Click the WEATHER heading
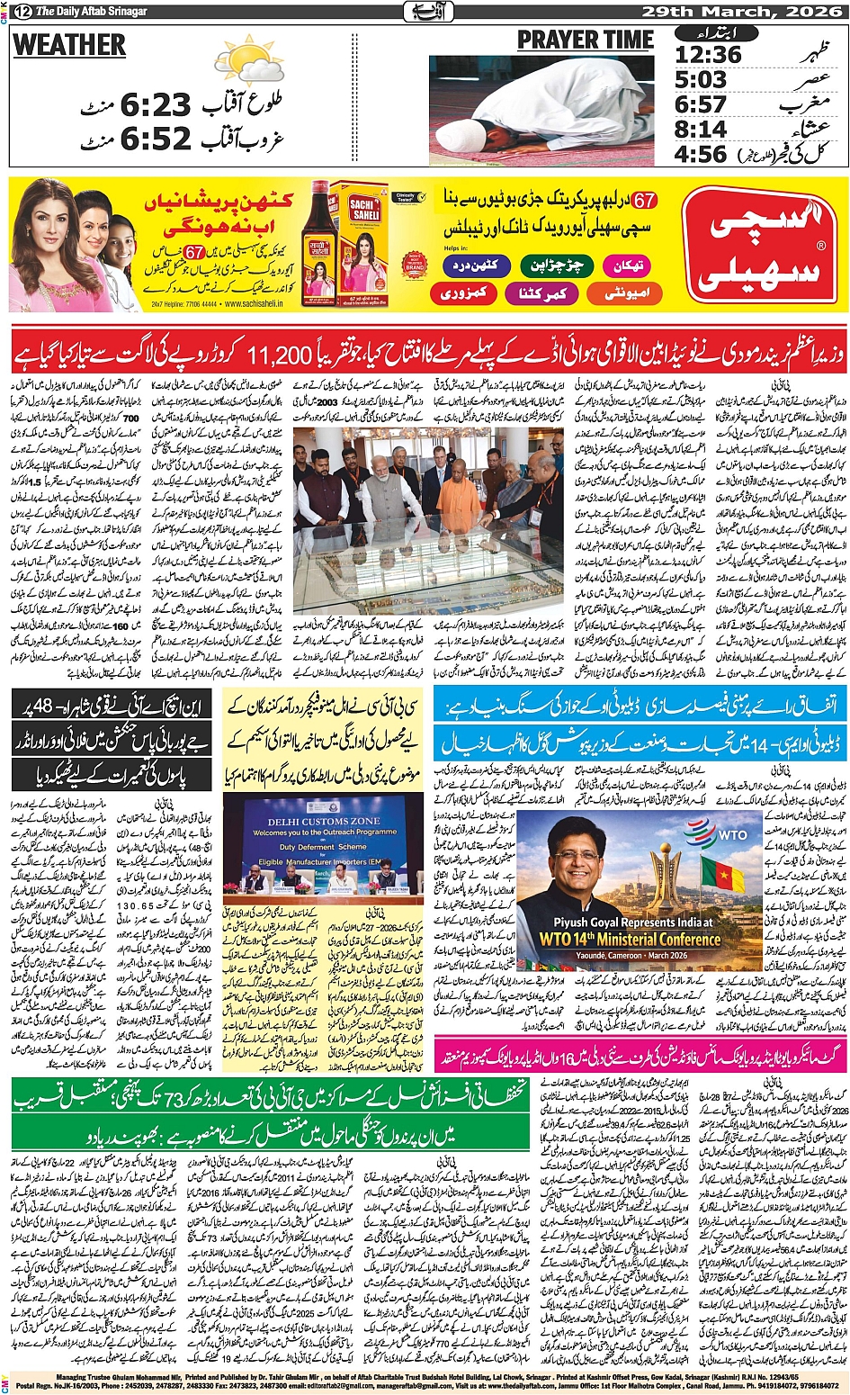[x=69, y=45]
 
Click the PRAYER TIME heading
[x=585, y=40]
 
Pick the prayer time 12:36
[x=708, y=56]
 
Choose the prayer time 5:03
[x=701, y=80]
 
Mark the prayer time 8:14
[x=701, y=129]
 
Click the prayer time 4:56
[x=701, y=154]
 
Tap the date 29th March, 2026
[x=744, y=11]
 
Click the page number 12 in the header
[x=19, y=11]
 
